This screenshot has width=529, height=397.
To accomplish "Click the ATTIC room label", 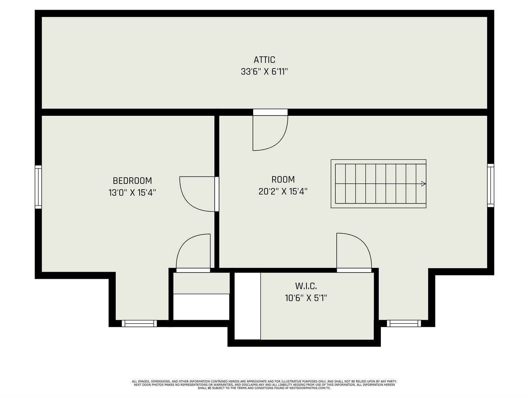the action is pyautogui.click(x=264, y=60).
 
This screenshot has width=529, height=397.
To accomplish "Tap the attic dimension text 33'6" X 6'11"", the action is pyautogui.click(x=264, y=72).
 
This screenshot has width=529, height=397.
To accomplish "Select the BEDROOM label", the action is pyautogui.click(x=132, y=181).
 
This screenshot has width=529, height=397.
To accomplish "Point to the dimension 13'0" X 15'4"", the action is pyautogui.click(x=132, y=193).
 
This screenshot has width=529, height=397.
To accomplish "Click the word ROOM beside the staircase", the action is pyautogui.click(x=283, y=179).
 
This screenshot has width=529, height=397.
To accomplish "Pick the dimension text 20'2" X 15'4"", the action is pyautogui.click(x=283, y=191).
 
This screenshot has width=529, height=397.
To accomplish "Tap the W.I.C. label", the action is pyautogui.click(x=306, y=286).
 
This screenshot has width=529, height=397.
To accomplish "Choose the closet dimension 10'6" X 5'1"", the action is pyautogui.click(x=306, y=298).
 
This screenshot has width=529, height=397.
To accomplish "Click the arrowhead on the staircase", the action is pyautogui.click(x=423, y=184).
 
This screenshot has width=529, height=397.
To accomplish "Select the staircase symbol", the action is pyautogui.click(x=378, y=184).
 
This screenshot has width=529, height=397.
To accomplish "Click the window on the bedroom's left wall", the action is pyautogui.click(x=38, y=187).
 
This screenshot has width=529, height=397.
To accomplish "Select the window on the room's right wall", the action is pyautogui.click(x=491, y=185).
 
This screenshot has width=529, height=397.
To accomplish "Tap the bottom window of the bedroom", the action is pyautogui.click(x=139, y=324).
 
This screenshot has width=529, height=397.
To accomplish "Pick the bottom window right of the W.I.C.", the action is pyautogui.click(x=404, y=324).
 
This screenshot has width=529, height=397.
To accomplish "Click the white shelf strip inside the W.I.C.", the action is pyautogui.click(x=248, y=306).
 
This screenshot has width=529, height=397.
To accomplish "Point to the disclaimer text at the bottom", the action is pyautogui.click(x=264, y=385).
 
